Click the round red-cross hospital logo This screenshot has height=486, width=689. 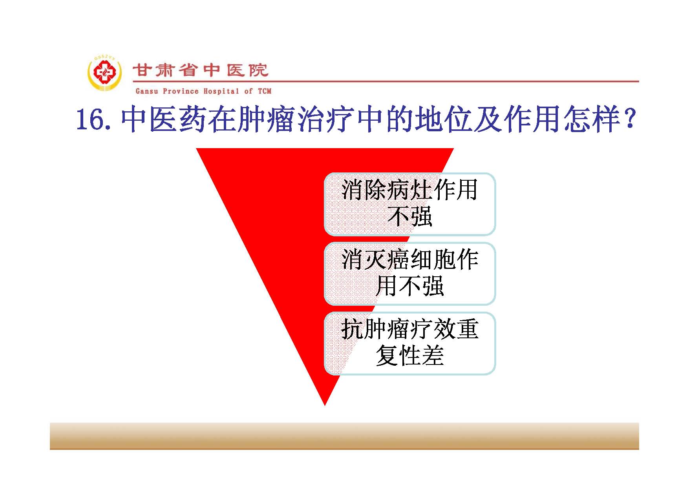tap(104, 73)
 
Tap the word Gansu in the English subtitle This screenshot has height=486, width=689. tap(147, 91)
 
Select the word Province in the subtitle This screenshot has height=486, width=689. tap(181, 91)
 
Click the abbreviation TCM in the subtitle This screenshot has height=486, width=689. tap(265, 91)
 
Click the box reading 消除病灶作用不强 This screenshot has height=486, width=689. tap(410, 204)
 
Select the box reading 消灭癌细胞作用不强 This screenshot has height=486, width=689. tap(410, 274)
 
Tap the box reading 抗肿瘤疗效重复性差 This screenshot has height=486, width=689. tap(410, 343)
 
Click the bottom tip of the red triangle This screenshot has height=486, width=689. tap(325, 406)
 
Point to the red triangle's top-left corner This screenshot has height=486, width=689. tap(196, 149)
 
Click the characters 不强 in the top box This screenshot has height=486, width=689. tap(410, 217)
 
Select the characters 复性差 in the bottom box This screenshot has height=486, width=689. tap(410, 356)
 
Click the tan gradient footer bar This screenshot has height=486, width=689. tap(344, 436)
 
